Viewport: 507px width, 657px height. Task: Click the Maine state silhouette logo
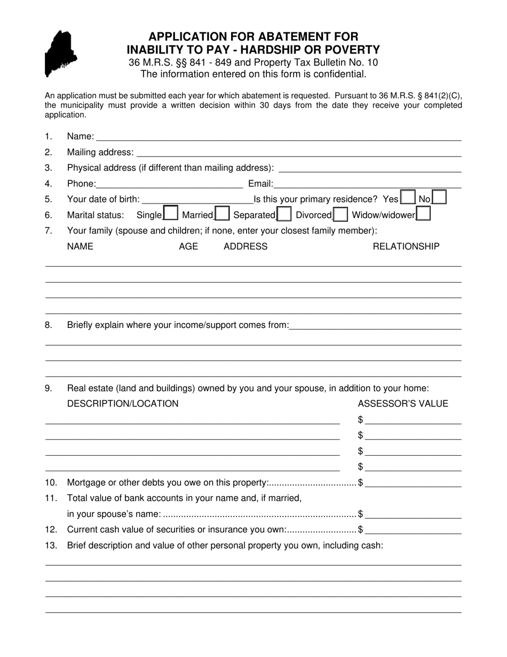(x=60, y=53)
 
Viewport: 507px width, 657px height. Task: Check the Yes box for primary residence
(x=407, y=198)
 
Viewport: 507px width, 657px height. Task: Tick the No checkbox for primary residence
(x=439, y=198)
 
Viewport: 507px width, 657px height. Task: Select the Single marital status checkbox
(x=171, y=214)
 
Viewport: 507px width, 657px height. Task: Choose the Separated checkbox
(x=284, y=214)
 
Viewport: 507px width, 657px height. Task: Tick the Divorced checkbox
(x=340, y=214)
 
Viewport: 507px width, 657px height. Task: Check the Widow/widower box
(x=423, y=214)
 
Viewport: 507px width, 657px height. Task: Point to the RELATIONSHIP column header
(x=406, y=246)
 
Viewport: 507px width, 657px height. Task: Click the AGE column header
(x=188, y=246)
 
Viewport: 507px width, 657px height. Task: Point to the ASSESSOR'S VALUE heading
(x=403, y=403)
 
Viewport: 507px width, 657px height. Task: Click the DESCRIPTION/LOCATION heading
(x=123, y=403)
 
